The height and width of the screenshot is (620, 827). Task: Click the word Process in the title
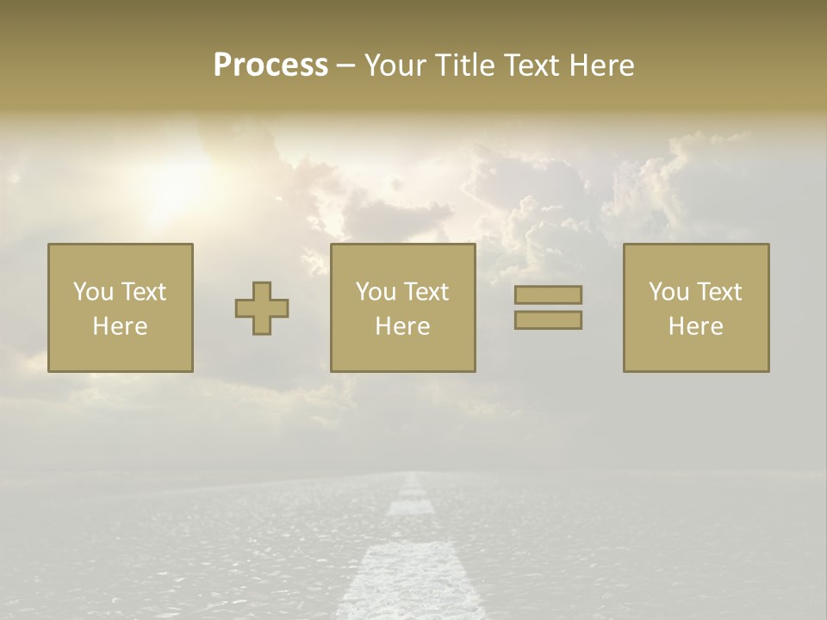pos(270,65)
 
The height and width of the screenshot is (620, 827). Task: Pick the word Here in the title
pos(602,65)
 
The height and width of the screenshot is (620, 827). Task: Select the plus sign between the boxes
pos(262,308)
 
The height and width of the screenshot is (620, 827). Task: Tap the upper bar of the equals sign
pos(548,294)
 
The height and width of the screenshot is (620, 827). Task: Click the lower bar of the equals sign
pos(548,320)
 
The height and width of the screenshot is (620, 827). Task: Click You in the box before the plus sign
pos(93,292)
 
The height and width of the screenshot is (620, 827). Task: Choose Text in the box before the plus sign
pos(143,292)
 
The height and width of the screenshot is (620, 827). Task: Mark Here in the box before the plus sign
pos(120,326)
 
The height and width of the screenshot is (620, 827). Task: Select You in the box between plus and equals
pos(376,292)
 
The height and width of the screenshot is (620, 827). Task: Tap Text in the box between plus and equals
pos(426,292)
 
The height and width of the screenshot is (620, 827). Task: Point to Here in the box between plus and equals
pos(402,326)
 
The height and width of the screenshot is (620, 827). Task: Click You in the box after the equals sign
pos(668,292)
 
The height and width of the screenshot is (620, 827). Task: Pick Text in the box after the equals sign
pos(718,292)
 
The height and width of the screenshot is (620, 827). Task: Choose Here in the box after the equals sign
pos(695,326)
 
